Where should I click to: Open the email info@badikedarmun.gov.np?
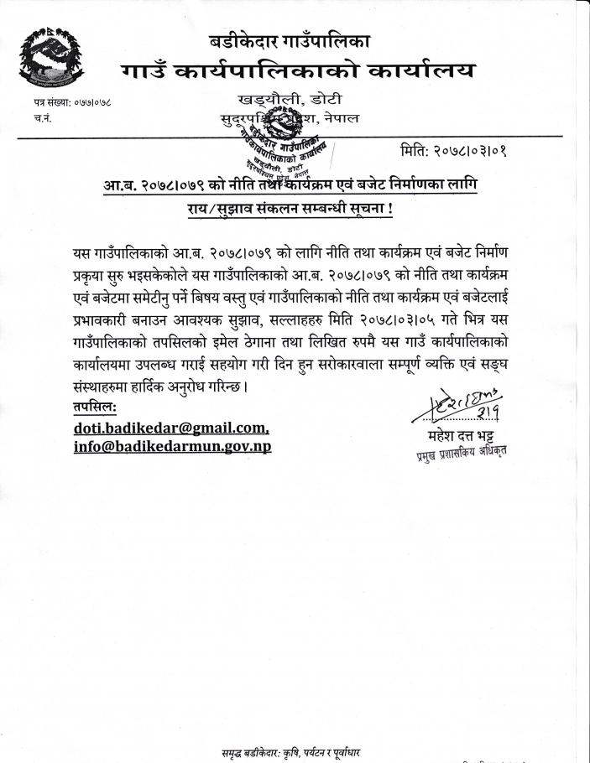(x=172, y=445)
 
